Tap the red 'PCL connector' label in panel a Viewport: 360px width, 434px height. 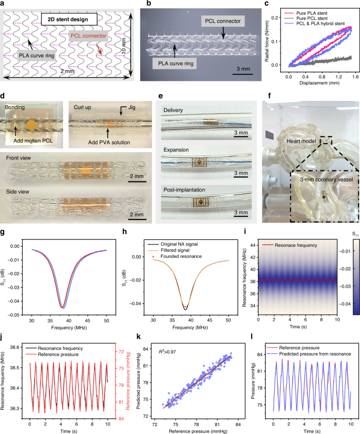(x=89, y=37)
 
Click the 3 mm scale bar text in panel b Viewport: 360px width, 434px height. (x=242, y=69)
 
